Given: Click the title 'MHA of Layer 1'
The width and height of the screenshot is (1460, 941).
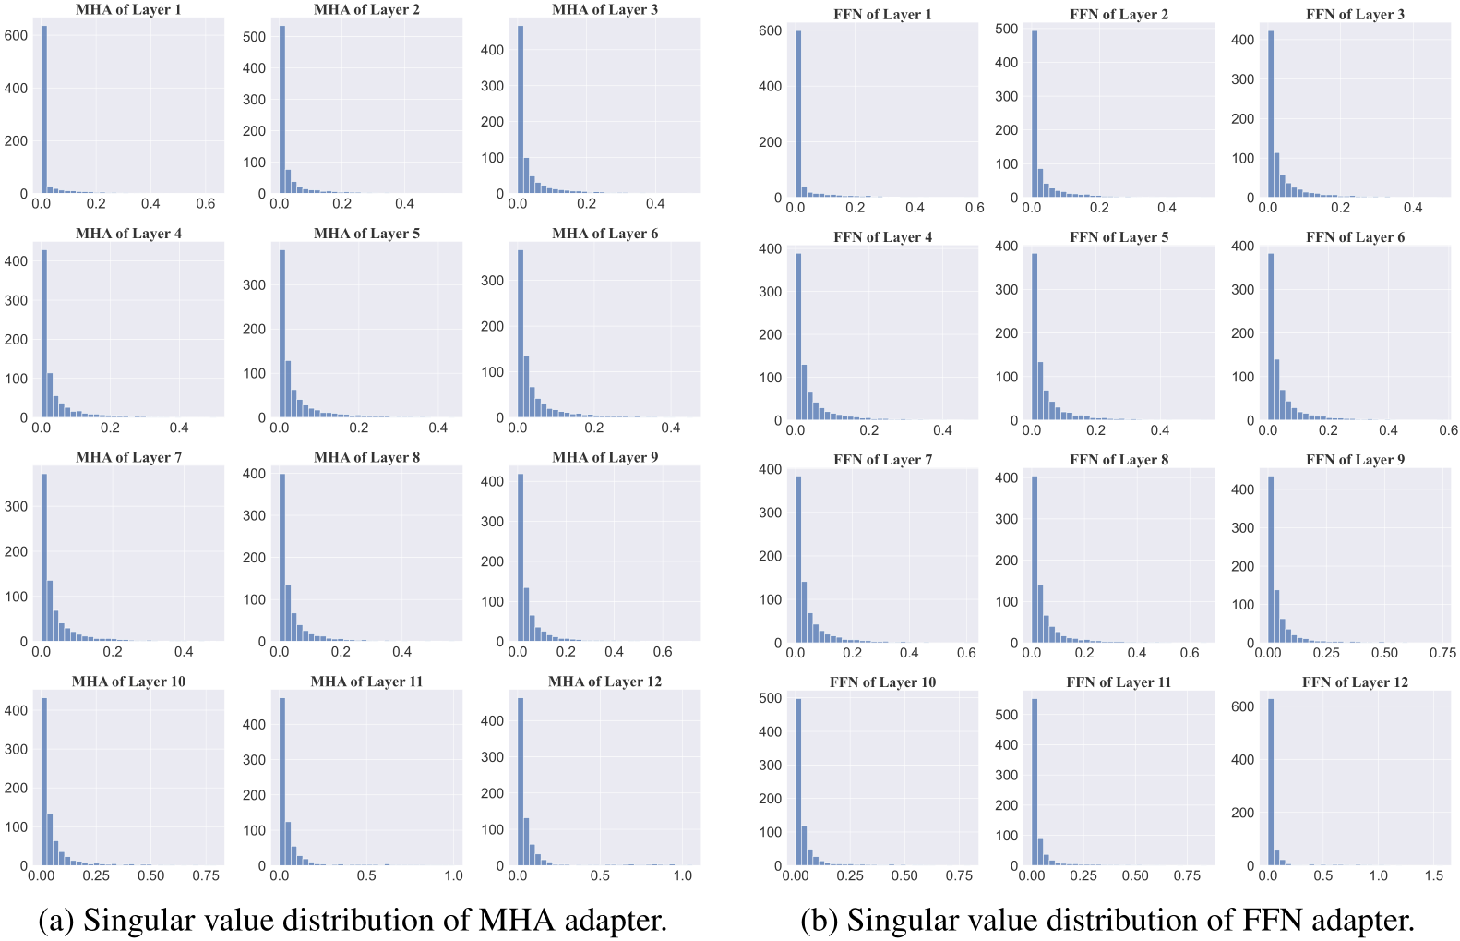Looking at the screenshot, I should point(128,10).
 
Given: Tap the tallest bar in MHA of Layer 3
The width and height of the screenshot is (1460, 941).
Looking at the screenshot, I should point(521,111).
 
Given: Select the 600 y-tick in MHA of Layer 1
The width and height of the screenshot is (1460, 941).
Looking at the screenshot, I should point(16,35).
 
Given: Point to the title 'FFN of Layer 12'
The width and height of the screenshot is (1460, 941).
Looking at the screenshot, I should point(1355,682).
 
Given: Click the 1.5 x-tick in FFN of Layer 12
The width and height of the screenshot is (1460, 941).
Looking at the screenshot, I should point(1433,875).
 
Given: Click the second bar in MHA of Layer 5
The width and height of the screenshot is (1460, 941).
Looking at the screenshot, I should point(288,389).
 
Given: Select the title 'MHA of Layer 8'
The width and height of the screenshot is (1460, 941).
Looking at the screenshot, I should point(366,458).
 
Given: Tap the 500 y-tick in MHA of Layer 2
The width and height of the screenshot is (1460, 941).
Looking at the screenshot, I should point(254,37).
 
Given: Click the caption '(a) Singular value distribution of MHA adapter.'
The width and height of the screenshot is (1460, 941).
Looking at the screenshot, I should point(353,920).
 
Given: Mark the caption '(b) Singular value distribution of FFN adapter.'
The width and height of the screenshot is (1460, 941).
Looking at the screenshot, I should point(1107,920).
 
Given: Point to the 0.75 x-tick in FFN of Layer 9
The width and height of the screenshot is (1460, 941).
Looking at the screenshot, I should point(1442,653).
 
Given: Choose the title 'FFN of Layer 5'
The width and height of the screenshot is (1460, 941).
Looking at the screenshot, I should point(1119,237).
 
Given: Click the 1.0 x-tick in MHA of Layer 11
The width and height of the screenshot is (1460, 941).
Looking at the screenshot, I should point(453,875).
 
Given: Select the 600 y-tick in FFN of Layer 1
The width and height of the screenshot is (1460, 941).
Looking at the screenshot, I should point(770,30).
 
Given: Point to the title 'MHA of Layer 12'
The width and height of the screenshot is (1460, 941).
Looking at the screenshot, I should point(604,682).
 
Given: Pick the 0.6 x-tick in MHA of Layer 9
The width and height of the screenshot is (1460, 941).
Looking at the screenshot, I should point(663,652).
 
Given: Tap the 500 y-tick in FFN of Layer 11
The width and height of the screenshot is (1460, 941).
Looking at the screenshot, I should point(1007,715).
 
